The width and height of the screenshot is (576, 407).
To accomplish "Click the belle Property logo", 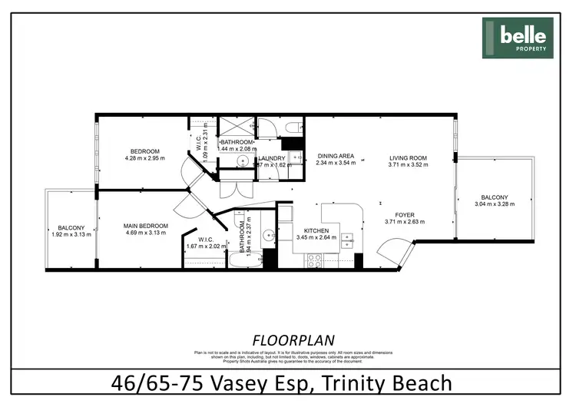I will pyautogui.click(x=517, y=38).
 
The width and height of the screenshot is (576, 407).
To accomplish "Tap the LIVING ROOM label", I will pyautogui.click(x=407, y=157).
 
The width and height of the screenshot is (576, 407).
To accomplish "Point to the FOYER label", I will pyautogui.click(x=404, y=215).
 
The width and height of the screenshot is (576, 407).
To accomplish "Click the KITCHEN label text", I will pyautogui.click(x=316, y=230).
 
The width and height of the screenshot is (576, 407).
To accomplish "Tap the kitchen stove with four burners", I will pyautogui.click(x=314, y=260).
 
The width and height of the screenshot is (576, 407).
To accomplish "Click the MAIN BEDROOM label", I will pyautogui.click(x=145, y=226).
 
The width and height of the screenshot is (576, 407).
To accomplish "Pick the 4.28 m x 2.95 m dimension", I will pyautogui.click(x=144, y=159).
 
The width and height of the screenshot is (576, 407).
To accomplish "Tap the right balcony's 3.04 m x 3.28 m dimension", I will pyautogui.click(x=494, y=204).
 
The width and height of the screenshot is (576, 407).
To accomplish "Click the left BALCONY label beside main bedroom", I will pyautogui.click(x=71, y=228).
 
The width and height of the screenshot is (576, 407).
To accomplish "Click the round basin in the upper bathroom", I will pyautogui.click(x=242, y=161).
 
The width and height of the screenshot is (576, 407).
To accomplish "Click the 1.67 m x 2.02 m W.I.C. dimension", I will pyautogui.click(x=205, y=247).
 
